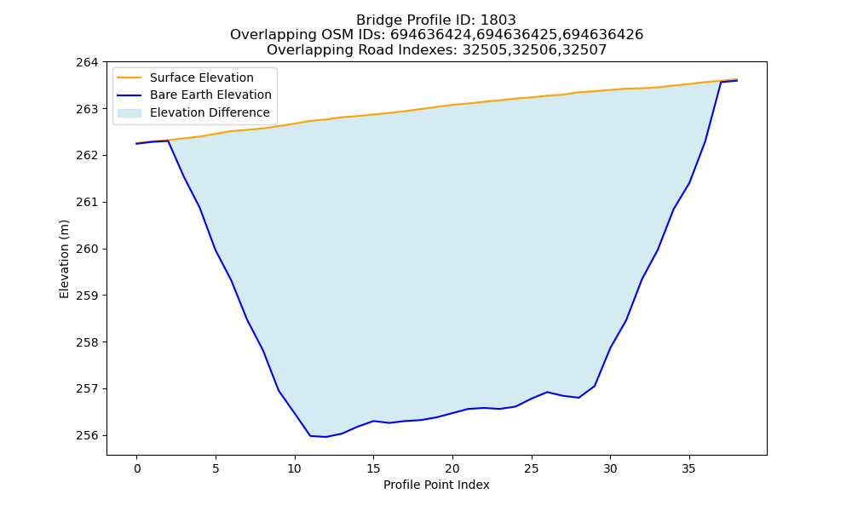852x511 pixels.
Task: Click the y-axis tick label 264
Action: click(x=87, y=62)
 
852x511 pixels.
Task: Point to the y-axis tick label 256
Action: click(x=87, y=435)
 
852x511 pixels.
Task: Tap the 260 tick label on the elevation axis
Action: click(x=87, y=250)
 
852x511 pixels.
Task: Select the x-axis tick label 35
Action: click(x=689, y=468)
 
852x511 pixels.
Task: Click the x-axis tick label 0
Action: click(x=136, y=468)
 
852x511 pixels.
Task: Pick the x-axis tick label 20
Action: click(x=452, y=468)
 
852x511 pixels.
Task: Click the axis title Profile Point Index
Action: click(x=436, y=485)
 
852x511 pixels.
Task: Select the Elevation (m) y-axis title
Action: click(x=64, y=259)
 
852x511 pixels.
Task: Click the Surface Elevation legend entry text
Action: click(x=202, y=78)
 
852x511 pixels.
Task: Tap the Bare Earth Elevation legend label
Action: click(x=210, y=95)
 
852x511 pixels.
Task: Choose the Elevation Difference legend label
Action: click(x=210, y=112)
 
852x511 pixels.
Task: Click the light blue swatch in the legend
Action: click(x=130, y=112)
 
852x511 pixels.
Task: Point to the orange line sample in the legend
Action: click(x=130, y=78)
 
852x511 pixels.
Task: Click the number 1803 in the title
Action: click(x=498, y=20)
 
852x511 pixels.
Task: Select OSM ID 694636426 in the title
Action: click(x=602, y=35)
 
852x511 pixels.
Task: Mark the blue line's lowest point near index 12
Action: click(x=325, y=437)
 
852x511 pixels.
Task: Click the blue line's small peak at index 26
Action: click(x=547, y=392)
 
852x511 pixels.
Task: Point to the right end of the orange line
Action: click(x=737, y=79)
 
